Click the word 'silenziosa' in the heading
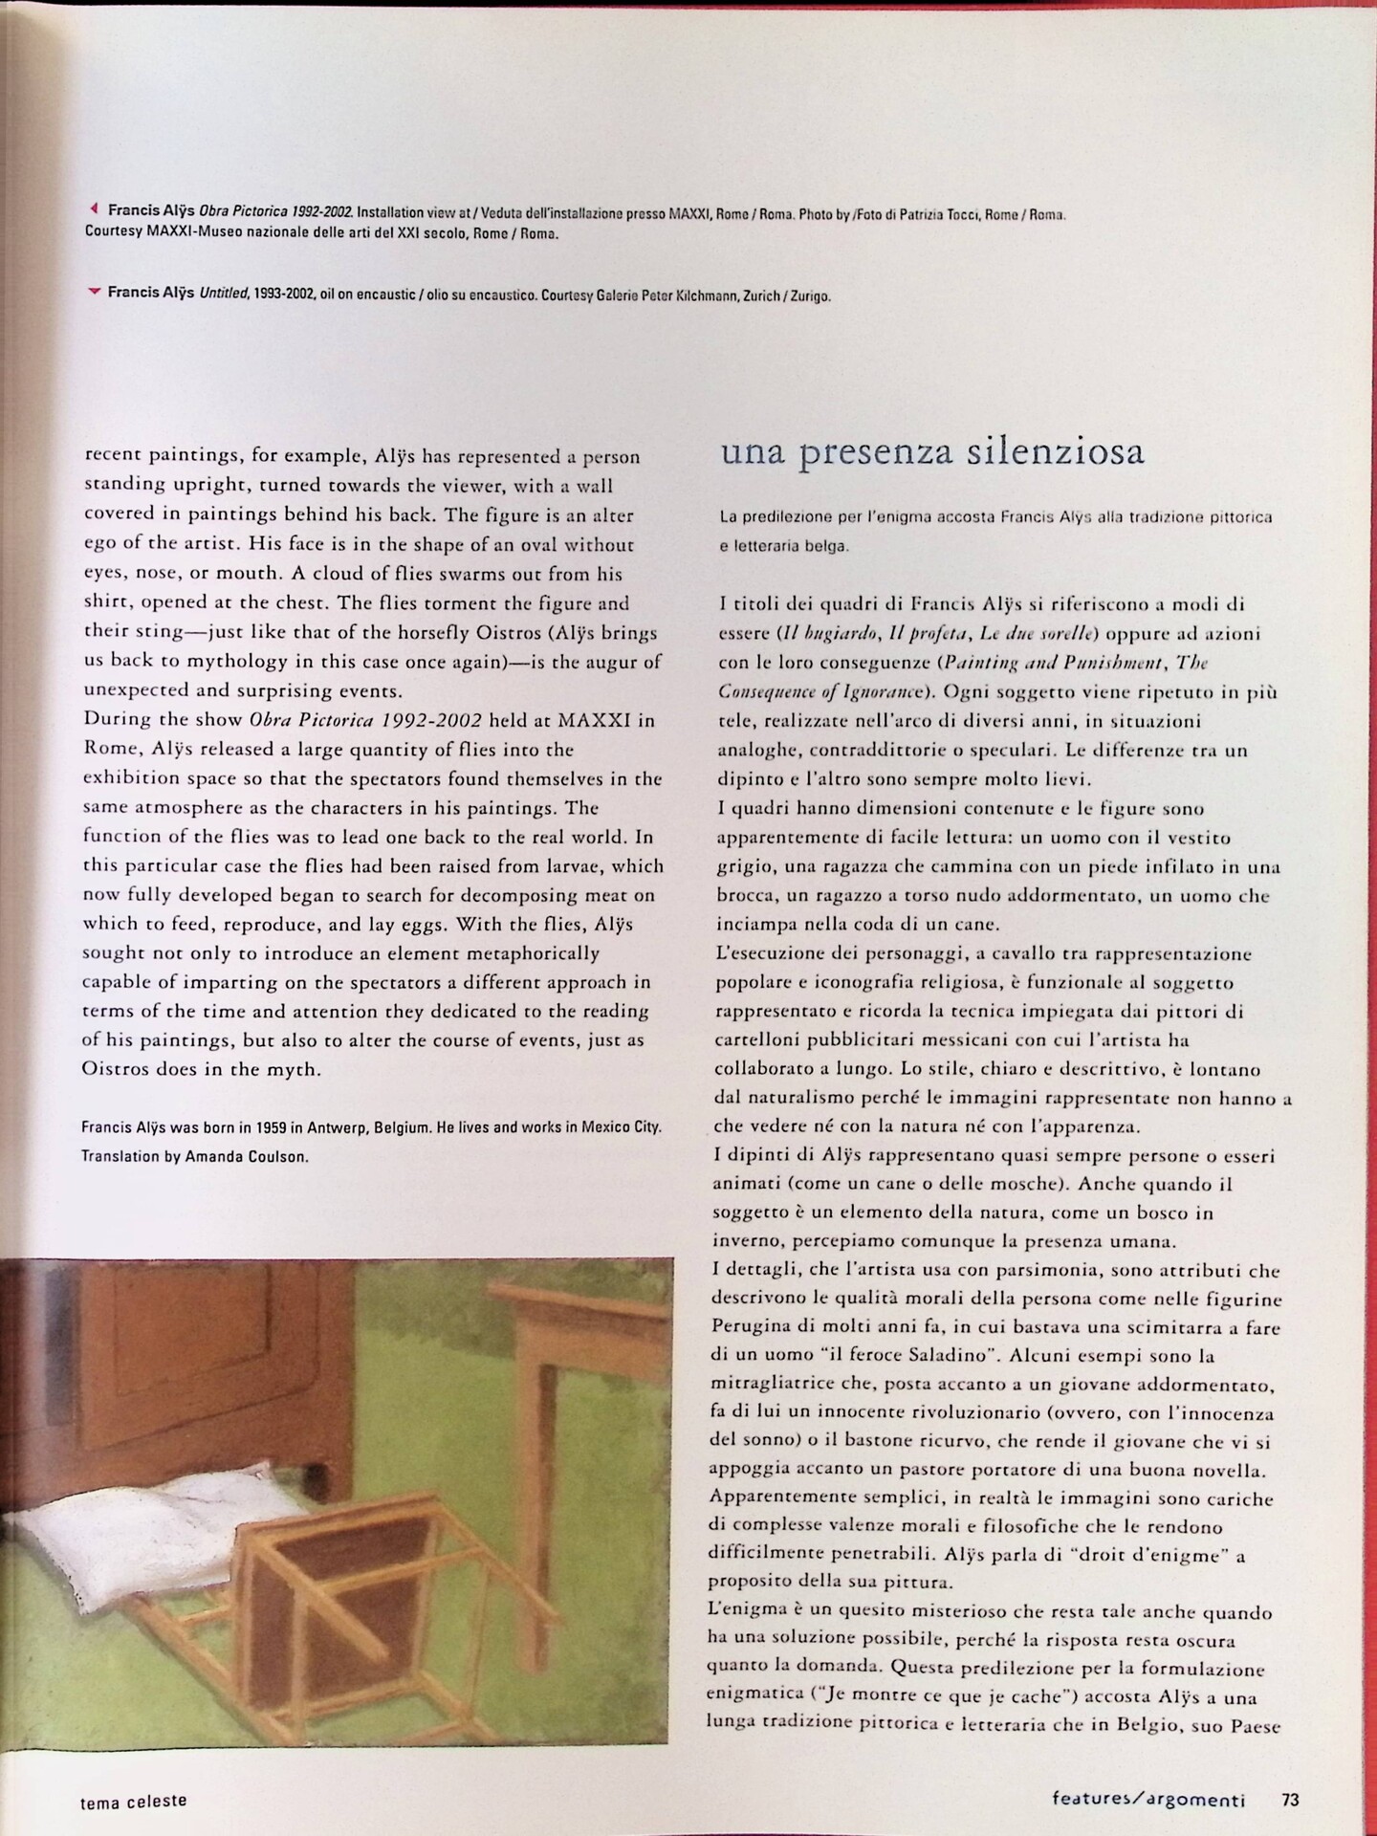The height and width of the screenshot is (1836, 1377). [x=1053, y=450]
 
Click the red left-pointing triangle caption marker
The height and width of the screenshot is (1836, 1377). [x=94, y=208]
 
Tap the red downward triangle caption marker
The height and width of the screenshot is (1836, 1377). [x=94, y=292]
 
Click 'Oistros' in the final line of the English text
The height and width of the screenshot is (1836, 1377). [x=117, y=1069]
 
